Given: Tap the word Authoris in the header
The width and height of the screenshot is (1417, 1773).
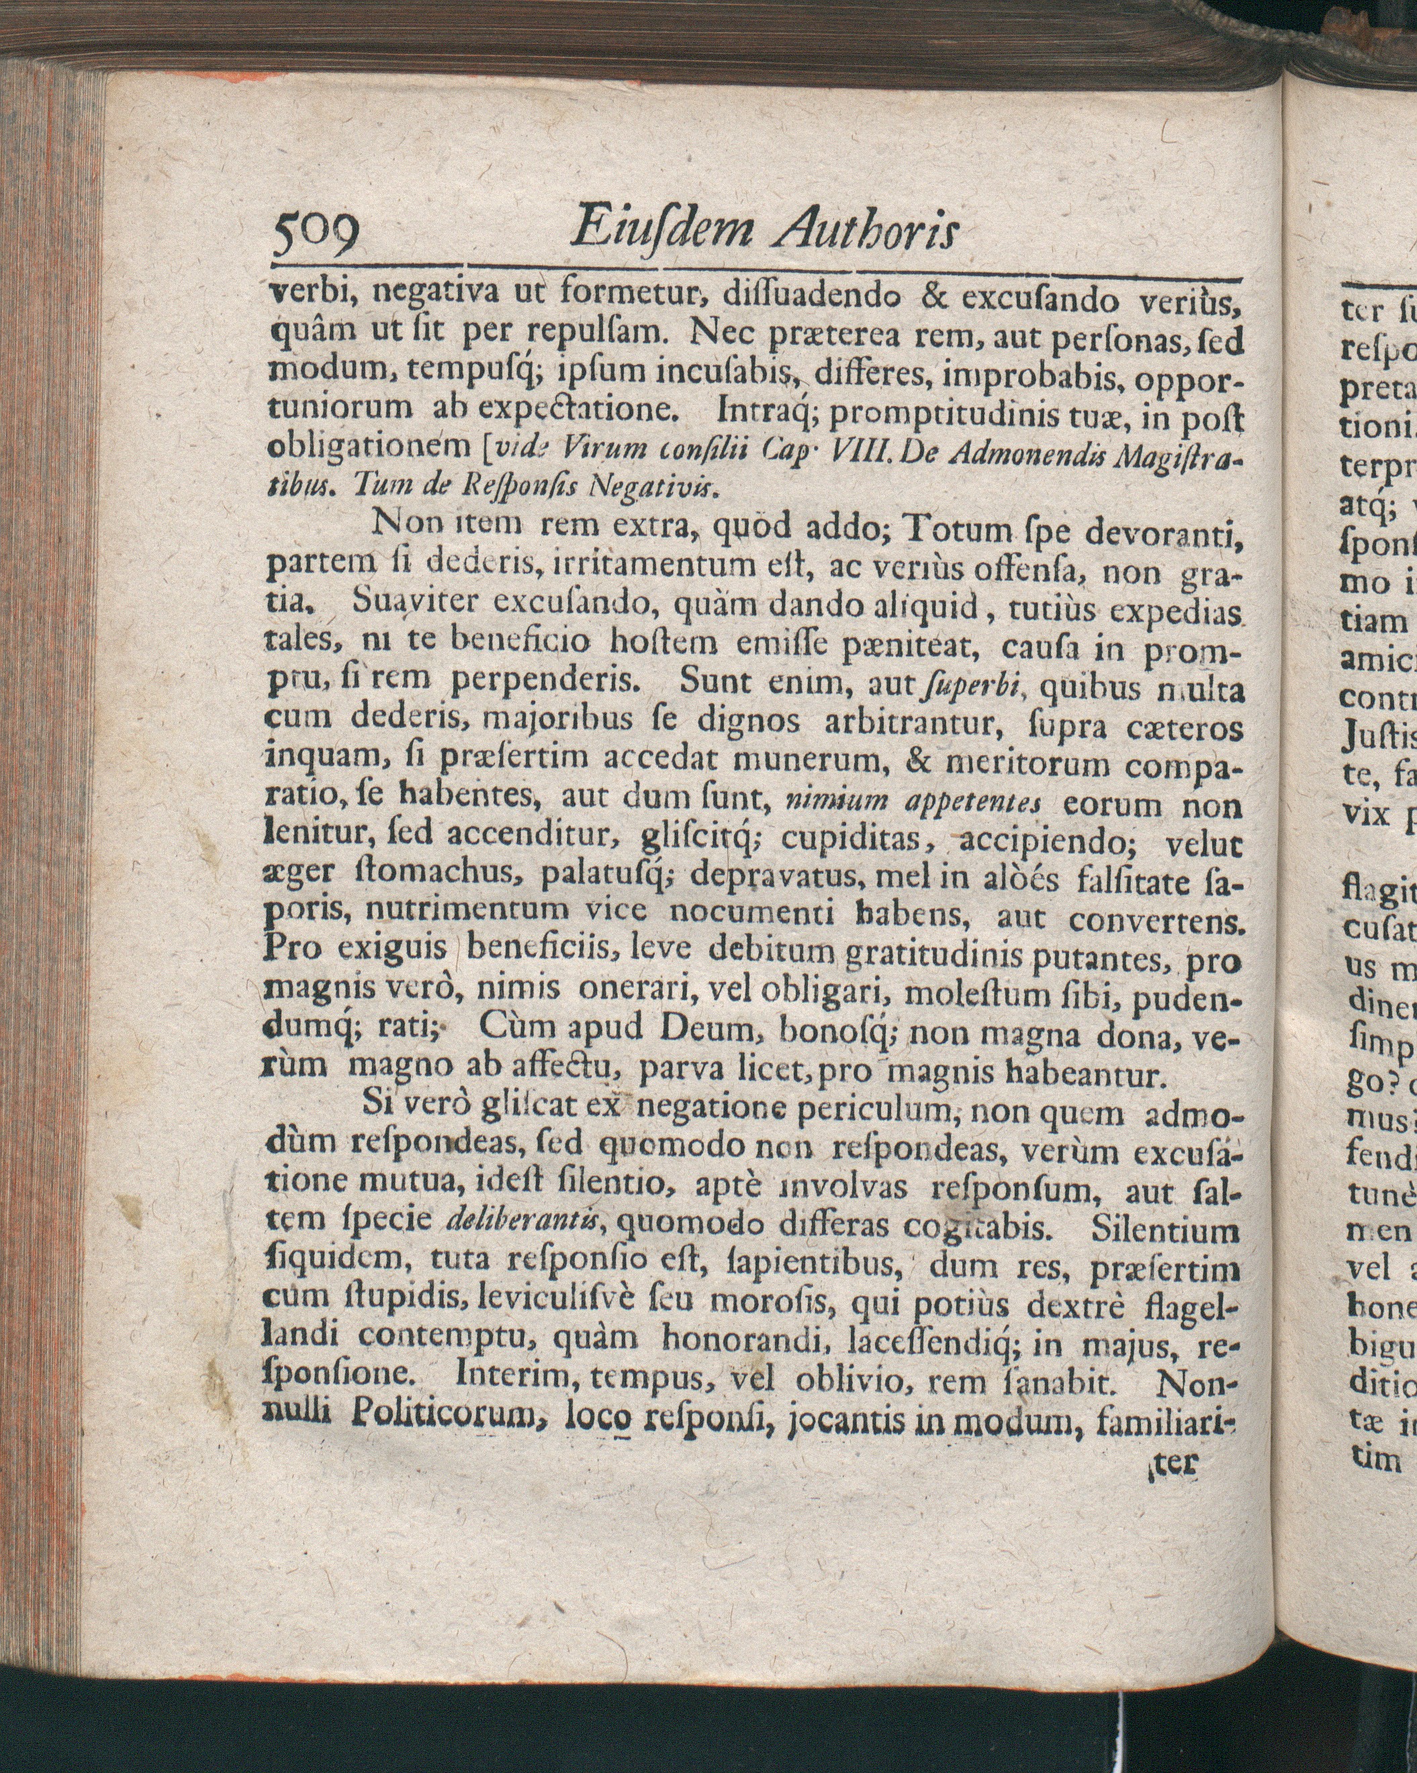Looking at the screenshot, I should click(x=867, y=228).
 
